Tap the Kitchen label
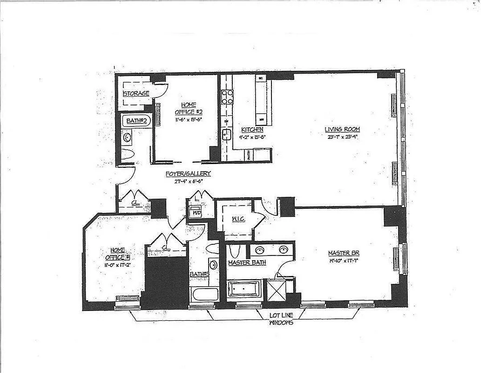[252, 129]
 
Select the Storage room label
[136, 93]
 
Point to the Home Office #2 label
[185, 108]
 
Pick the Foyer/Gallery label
[188, 173]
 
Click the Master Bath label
[247, 263]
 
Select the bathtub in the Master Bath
[242, 290]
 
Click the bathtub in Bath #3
[204, 294]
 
